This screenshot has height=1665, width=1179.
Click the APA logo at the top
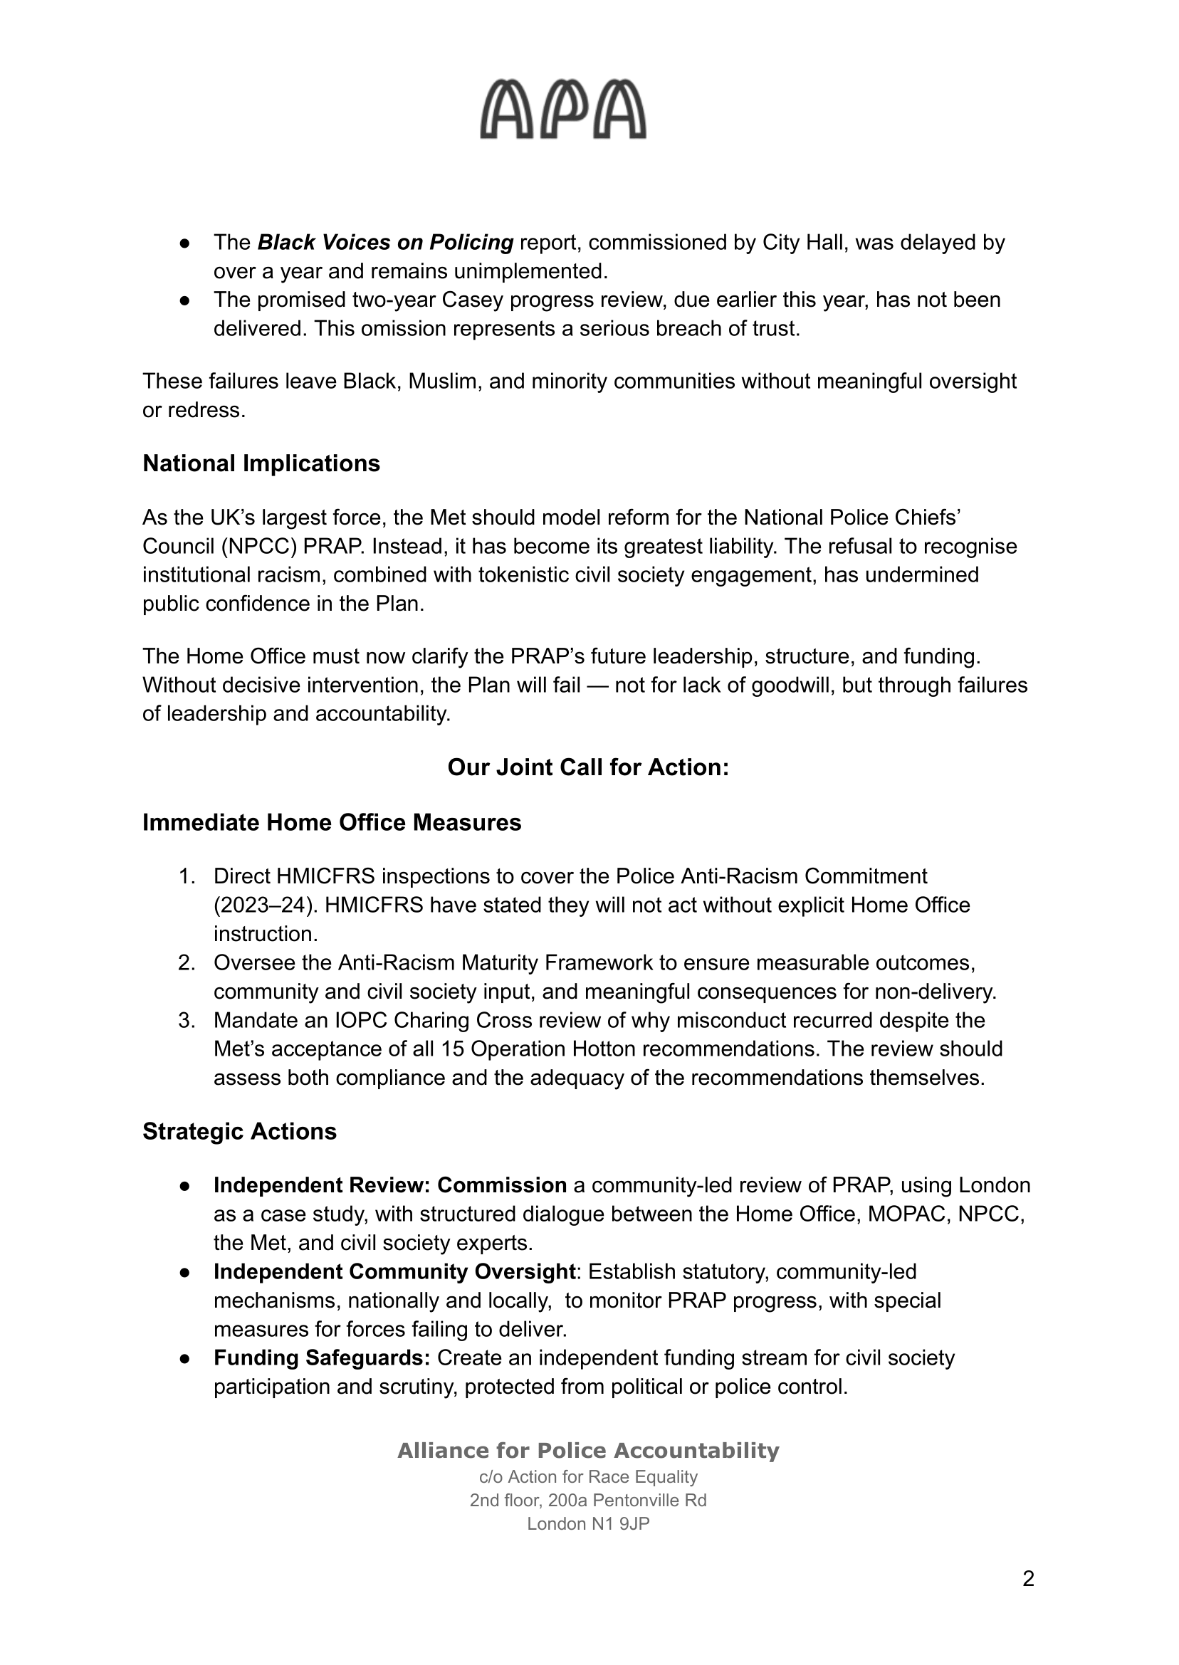tap(562, 110)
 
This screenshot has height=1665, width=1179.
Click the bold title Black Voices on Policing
tap(385, 243)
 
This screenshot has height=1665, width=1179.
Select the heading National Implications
tap(261, 464)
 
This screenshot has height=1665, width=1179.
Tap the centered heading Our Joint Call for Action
tap(588, 767)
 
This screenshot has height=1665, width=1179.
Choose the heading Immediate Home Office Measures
tap(332, 822)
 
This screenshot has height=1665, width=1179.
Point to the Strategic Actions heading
tap(240, 1132)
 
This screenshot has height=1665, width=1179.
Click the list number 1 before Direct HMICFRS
tap(187, 877)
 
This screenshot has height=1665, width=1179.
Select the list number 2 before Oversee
tap(187, 963)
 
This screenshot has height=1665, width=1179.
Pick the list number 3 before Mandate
tap(187, 1021)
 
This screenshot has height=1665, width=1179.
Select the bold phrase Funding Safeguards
tap(323, 1358)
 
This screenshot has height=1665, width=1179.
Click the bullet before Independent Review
tap(185, 1186)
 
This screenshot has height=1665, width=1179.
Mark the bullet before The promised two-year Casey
tap(185, 300)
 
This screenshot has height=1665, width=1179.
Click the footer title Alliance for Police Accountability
tap(588, 1451)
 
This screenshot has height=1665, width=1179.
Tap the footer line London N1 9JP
tap(588, 1524)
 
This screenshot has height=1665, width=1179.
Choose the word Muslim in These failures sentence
tap(442, 381)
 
